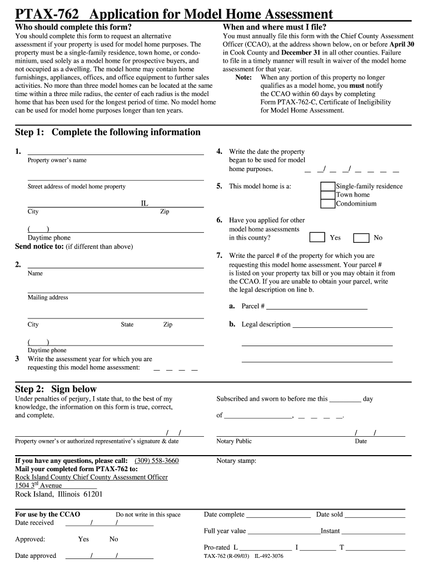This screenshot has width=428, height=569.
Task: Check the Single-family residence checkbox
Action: click(328, 187)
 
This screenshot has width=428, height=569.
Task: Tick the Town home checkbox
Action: click(328, 195)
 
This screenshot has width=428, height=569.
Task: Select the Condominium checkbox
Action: click(328, 204)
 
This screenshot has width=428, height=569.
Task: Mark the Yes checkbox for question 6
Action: click(317, 237)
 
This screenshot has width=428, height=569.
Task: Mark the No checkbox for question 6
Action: click(361, 238)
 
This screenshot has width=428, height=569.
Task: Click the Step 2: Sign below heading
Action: click(56, 389)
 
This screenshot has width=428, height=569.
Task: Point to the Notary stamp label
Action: click(236, 461)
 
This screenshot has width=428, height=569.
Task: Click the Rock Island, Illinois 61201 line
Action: click(58, 495)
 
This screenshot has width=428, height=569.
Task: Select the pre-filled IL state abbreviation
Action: click(145, 204)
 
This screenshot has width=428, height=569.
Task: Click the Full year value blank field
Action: click(283, 531)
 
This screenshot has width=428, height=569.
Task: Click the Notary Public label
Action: click(234, 441)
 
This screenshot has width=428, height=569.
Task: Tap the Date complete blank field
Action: click(278, 515)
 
